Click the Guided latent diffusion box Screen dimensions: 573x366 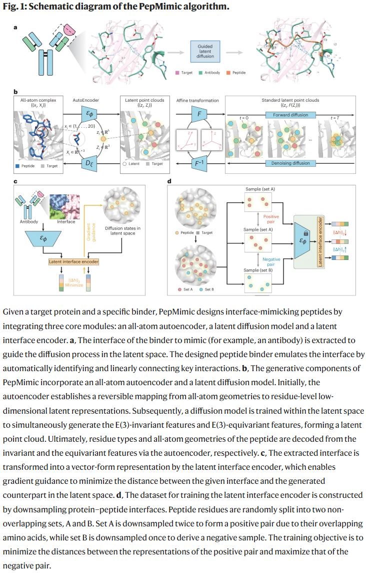(x=205, y=51)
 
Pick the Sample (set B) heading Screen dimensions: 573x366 (x=257, y=270)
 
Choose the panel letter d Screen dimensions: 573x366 (x=170, y=180)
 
